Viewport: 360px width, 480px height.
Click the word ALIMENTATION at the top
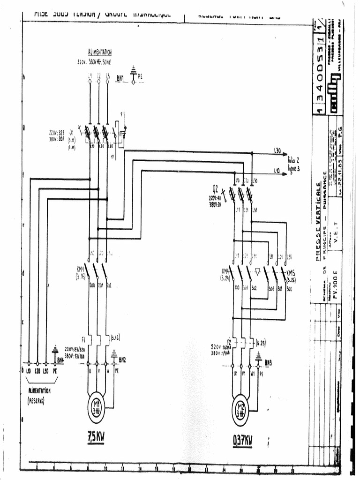[x=99, y=52]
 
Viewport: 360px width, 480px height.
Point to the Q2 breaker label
[x=215, y=188]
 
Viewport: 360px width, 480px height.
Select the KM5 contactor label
[x=291, y=274]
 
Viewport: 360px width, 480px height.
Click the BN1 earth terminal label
[x=120, y=79]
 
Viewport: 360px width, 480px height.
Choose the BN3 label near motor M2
[x=268, y=362]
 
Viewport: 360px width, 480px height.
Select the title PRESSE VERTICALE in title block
[x=318, y=221]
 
